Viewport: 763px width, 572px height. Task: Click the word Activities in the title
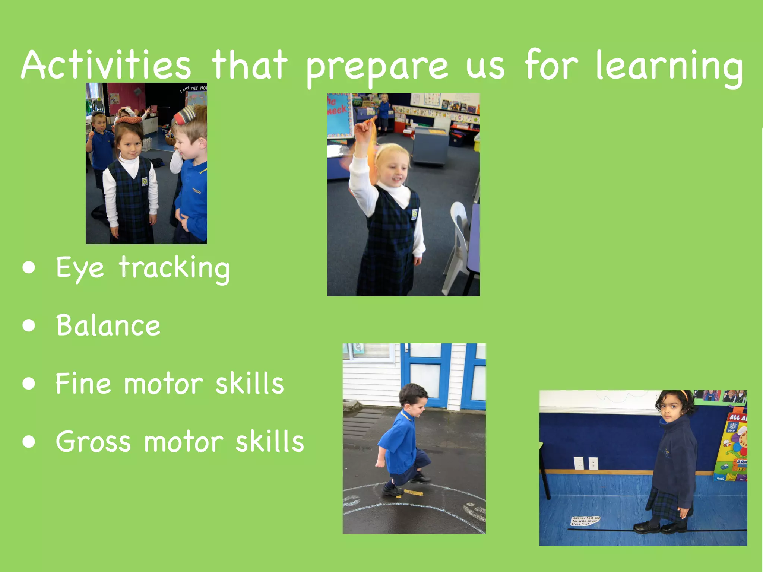tap(106, 65)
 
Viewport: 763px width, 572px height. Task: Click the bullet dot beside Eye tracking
tap(29, 267)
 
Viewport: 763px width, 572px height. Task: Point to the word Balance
tap(108, 325)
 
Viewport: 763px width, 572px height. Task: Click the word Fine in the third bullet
tap(83, 383)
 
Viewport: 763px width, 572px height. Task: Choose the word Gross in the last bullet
tap(93, 442)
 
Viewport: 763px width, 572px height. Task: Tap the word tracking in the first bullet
tap(174, 268)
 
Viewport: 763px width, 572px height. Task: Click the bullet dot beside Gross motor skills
tap(29, 442)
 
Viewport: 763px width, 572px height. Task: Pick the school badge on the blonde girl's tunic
tap(414, 214)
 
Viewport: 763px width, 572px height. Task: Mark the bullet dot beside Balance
tap(29, 325)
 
